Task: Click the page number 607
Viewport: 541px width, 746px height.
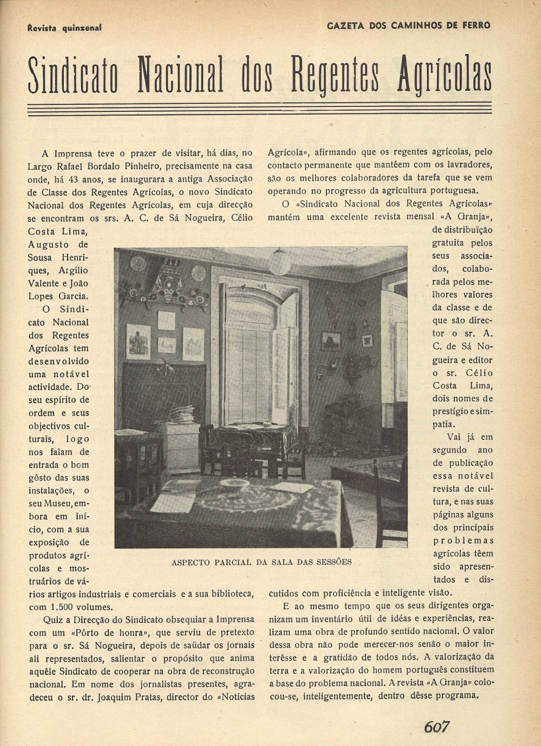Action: (437, 727)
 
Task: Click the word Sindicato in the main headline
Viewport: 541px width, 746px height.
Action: (72, 75)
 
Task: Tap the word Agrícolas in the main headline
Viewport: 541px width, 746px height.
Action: (445, 75)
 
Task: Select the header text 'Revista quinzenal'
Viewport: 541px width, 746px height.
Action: (64, 28)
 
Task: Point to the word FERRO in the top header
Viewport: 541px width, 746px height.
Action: (473, 25)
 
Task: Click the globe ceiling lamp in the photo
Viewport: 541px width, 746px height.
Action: (280, 263)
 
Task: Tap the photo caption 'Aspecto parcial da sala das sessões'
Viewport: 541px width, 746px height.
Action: (261, 562)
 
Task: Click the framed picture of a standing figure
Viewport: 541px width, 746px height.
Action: (138, 342)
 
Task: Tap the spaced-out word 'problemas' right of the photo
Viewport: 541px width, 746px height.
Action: (463, 541)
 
